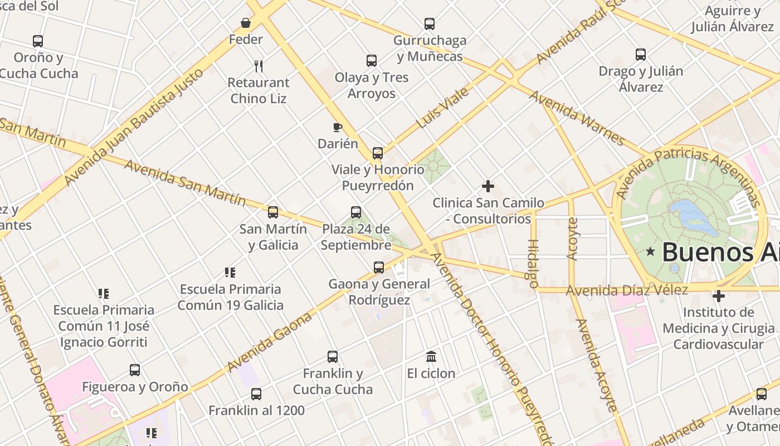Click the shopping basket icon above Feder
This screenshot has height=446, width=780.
pyautogui.click(x=246, y=23)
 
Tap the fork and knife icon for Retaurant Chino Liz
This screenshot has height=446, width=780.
pyautogui.click(x=258, y=66)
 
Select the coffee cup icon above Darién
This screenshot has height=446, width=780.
pyautogui.click(x=337, y=127)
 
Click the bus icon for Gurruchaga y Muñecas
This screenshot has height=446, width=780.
pyautogui.click(x=429, y=24)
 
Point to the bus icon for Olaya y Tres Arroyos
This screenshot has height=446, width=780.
pyautogui.click(x=371, y=61)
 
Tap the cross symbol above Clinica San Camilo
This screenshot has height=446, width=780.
pyautogui.click(x=488, y=186)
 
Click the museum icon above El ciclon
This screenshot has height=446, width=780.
pyautogui.click(x=431, y=356)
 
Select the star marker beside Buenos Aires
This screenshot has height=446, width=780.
pyautogui.click(x=650, y=251)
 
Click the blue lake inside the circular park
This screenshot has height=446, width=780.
pyautogui.click(x=691, y=217)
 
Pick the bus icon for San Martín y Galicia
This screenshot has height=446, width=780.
pyautogui.click(x=272, y=212)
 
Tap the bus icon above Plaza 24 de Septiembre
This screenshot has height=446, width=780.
pyautogui.click(x=355, y=212)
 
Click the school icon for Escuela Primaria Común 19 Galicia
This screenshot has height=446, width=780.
pyautogui.click(x=230, y=273)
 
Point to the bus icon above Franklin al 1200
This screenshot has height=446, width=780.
pyautogui.click(x=256, y=394)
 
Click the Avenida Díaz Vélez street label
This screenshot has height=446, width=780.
pyautogui.click(x=627, y=290)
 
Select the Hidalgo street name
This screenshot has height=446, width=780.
pyautogui.click(x=533, y=259)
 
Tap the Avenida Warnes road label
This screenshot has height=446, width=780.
pyautogui.click(x=577, y=118)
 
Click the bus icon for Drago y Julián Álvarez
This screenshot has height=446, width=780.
pyautogui.click(x=640, y=55)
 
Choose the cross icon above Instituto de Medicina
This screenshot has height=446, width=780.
pyautogui.click(x=719, y=296)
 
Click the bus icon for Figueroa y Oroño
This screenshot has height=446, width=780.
pyautogui.click(x=134, y=370)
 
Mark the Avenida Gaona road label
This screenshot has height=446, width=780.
pyautogui.click(x=269, y=342)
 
